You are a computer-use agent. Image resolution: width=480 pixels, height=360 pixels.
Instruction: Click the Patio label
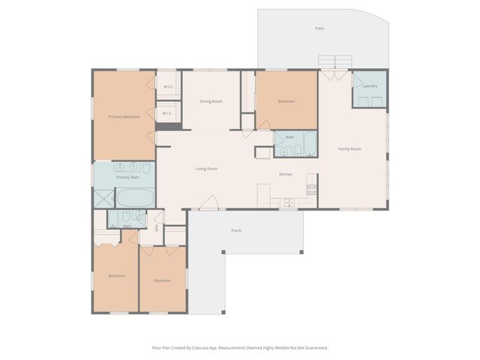[x=319, y=28]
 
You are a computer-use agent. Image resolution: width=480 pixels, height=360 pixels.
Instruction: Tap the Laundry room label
[x=370, y=86]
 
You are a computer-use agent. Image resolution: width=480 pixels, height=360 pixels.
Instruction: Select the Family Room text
[x=349, y=149]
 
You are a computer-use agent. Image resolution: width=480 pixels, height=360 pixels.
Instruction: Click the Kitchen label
[x=286, y=174]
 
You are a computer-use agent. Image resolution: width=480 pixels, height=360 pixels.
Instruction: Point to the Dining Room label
[x=211, y=101]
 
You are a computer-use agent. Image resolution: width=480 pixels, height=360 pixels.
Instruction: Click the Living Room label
[x=207, y=169]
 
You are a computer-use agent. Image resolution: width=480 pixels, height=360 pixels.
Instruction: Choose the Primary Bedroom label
[x=124, y=116]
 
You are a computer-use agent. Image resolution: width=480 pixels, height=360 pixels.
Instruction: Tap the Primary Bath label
[x=127, y=177]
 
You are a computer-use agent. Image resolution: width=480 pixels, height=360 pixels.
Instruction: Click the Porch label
[x=236, y=230]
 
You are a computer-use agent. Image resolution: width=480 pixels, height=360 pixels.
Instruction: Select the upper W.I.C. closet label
[x=168, y=87]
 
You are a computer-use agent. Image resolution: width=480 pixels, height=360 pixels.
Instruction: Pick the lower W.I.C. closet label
[x=168, y=113]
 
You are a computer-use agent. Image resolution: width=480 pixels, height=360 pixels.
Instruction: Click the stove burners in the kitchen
[x=312, y=189]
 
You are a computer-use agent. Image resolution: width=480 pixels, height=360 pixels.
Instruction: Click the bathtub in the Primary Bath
[x=136, y=197]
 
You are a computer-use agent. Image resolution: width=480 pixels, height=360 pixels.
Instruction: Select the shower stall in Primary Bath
[x=103, y=197]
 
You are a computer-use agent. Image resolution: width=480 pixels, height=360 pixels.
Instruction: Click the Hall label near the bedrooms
[x=156, y=228]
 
